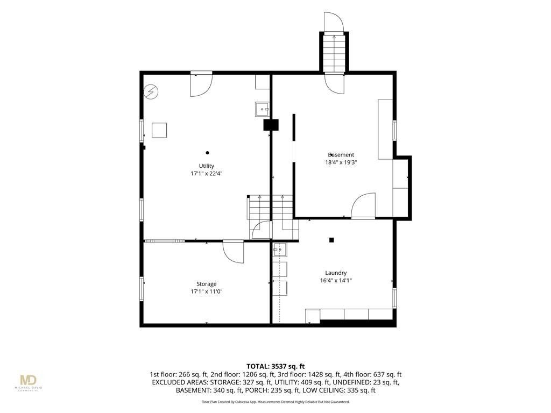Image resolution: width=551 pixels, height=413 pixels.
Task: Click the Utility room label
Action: pos(207,166)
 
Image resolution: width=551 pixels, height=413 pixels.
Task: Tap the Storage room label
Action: pos(206,284)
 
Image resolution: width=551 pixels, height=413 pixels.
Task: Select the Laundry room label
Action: pos(336,273)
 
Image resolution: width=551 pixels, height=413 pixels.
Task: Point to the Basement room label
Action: pos(341,155)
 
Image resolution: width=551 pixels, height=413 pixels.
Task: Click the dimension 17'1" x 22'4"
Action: pos(207,174)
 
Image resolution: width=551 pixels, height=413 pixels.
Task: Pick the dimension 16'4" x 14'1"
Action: pos(336,281)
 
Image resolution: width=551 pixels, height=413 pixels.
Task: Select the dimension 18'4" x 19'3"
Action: pos(341,162)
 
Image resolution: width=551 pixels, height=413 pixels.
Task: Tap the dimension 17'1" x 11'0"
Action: pos(206,291)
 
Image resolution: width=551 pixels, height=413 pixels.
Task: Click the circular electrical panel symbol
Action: pos(151,92)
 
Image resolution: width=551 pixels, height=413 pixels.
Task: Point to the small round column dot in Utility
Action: pos(207,153)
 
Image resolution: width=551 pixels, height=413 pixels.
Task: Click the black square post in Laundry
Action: pos(331,240)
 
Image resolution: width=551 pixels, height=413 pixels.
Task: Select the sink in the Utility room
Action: pos(262,109)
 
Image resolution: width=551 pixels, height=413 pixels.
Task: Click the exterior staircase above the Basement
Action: pos(334,52)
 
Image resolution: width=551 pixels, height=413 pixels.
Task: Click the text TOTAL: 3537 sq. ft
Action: pos(275,367)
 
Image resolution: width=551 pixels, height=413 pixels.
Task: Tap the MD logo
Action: pos(28,380)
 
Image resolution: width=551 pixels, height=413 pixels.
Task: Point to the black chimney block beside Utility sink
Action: pos(271,125)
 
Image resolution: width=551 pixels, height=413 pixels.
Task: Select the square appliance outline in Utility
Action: pos(159,130)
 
